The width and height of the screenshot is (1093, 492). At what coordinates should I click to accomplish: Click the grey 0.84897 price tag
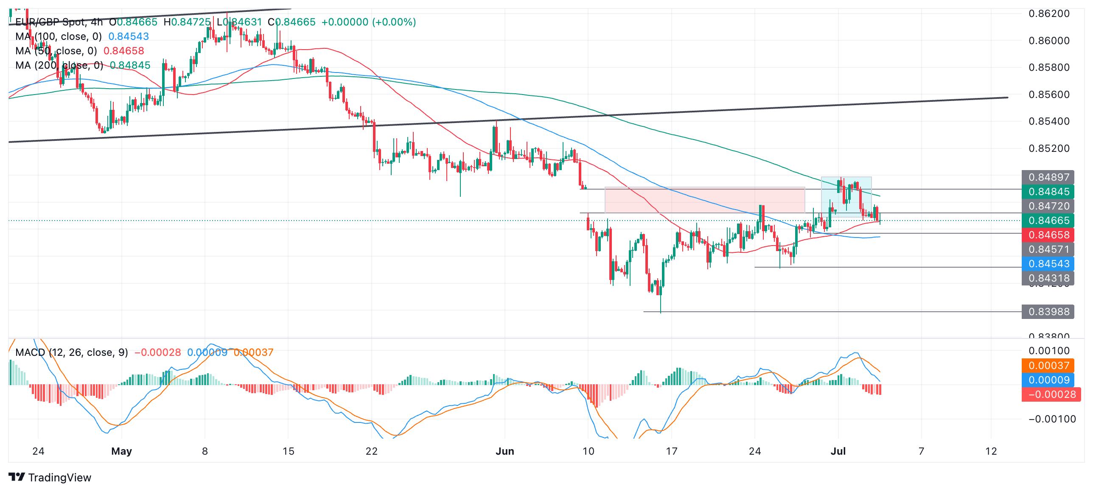(1048, 177)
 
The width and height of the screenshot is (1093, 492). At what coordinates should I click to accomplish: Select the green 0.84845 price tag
(1048, 192)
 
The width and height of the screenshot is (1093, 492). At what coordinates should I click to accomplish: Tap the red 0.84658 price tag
(1048, 235)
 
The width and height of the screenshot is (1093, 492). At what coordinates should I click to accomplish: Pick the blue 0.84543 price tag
(1048, 264)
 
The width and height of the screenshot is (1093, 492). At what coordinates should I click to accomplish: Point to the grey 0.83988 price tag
(1048, 312)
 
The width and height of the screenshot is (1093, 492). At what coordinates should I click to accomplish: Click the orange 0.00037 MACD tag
(1048, 366)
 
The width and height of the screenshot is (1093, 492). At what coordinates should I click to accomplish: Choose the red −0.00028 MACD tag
(1051, 394)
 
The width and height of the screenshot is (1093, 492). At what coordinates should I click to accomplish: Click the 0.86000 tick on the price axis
(1049, 41)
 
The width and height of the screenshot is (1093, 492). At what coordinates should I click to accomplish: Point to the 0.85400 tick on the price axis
(1049, 121)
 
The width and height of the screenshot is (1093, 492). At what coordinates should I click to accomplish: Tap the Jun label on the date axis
(504, 451)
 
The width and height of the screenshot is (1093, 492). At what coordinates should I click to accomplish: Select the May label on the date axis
(121, 451)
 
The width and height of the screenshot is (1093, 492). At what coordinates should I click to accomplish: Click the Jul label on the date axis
(838, 451)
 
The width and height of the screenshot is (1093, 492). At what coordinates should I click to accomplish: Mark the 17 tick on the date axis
(671, 451)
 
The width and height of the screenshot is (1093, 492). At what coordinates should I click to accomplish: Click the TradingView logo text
(59, 478)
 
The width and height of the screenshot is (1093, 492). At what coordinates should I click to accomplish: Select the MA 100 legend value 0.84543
(129, 36)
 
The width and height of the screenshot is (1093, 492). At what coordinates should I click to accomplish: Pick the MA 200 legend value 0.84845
(130, 65)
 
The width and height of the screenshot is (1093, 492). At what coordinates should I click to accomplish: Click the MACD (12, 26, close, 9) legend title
(71, 352)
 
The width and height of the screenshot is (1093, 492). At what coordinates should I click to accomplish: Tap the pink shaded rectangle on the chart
(704, 200)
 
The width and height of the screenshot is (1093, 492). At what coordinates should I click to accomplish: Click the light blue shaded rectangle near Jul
(846, 197)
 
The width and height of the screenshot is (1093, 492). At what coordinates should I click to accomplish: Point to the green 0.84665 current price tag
(1048, 221)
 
